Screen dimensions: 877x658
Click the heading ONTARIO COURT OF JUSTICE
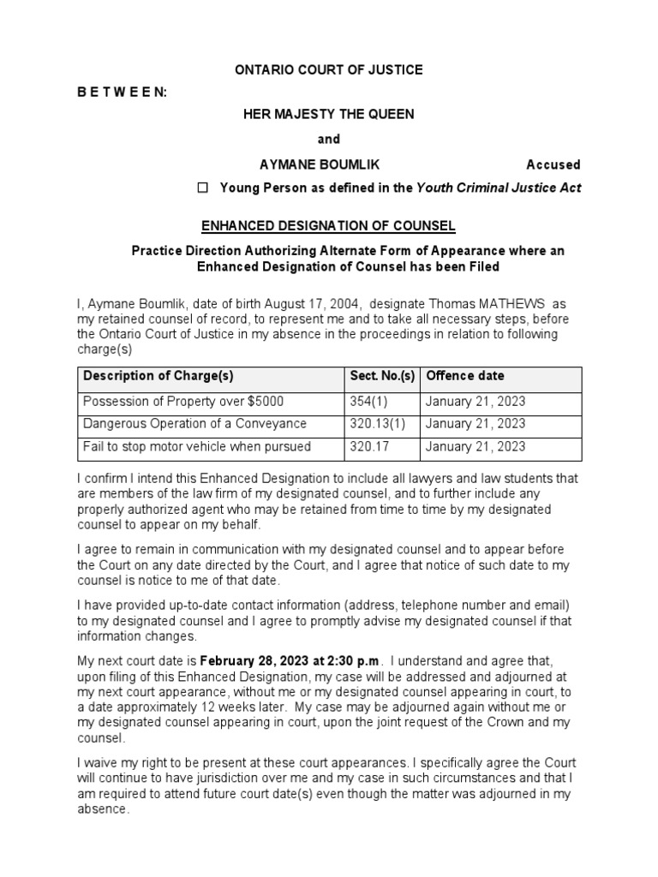click(329, 69)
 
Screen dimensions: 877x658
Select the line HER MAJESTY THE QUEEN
click(329, 115)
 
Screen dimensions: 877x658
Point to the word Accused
click(553, 164)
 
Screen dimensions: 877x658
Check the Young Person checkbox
click(203, 188)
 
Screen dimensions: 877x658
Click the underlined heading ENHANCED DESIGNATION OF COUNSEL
click(329, 225)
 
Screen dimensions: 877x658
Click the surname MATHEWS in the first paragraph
click(514, 304)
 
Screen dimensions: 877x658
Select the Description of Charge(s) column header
click(159, 375)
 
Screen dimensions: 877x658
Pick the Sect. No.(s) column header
click(382, 375)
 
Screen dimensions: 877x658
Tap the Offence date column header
click(465, 375)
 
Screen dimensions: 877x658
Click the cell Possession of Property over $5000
click(183, 401)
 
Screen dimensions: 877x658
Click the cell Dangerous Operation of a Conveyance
click(194, 424)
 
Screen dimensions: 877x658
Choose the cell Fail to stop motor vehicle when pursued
click(197, 446)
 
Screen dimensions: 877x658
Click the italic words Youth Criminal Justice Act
click(499, 188)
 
